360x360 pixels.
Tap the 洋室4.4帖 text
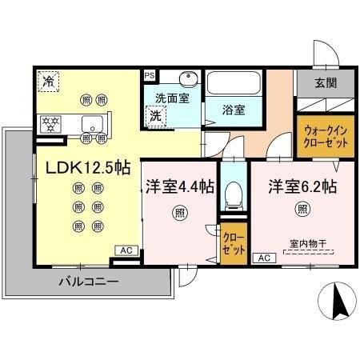pos(179,186)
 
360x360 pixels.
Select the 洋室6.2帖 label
pos(302,186)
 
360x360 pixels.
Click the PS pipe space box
pos(149,75)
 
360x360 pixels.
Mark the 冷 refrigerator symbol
pos(49,81)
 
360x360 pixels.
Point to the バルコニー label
pos(89,282)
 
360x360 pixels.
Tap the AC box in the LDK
pos(126,250)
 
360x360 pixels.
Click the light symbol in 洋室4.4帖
pos(179,214)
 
